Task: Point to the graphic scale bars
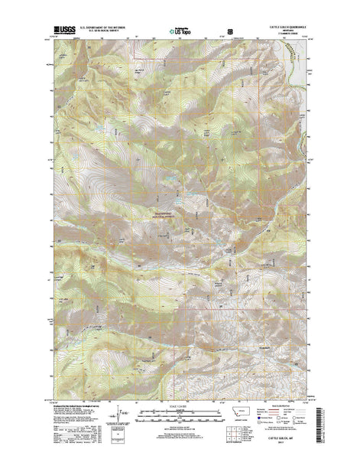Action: tap(180, 413)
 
